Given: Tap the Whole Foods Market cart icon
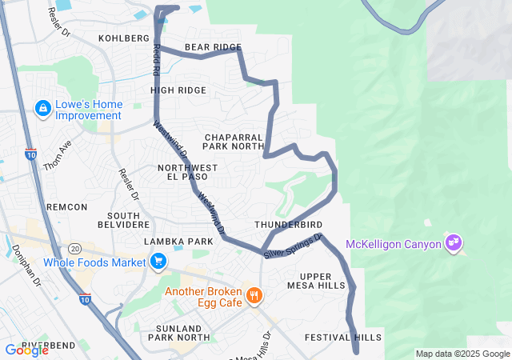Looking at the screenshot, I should [x=158, y=261].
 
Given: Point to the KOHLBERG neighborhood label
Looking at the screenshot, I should [x=124, y=38].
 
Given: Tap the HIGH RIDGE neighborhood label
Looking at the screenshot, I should [x=178, y=90].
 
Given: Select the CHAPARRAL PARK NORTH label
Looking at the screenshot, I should [x=233, y=142].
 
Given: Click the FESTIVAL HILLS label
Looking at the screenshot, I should [x=343, y=338].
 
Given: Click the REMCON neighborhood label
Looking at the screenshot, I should [x=66, y=207].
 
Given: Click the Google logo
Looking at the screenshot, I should [x=26, y=350].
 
